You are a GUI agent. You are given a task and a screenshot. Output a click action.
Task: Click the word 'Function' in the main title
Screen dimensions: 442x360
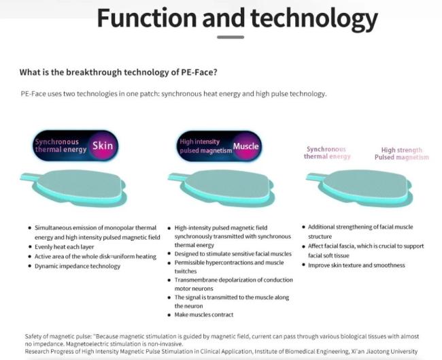[147, 18]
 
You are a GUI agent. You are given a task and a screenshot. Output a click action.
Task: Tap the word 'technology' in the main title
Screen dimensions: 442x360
[313, 20]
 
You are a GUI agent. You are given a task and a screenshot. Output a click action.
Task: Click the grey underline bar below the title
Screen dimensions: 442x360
[231, 37]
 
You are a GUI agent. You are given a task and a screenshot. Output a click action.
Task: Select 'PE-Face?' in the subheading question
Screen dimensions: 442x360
[199, 72]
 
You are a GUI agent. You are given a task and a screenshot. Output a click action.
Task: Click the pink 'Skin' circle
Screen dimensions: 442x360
[103, 146]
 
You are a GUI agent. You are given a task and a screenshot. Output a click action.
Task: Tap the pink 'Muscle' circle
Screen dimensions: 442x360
[245, 146]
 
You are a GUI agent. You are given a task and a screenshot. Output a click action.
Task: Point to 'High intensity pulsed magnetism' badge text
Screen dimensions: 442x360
[205, 146]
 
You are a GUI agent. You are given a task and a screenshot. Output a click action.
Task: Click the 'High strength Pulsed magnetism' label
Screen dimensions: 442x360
[402, 154]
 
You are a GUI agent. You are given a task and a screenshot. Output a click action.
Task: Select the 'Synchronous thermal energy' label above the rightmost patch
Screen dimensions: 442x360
[327, 152]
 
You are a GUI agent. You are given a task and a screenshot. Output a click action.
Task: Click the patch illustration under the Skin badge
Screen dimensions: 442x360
[75, 188]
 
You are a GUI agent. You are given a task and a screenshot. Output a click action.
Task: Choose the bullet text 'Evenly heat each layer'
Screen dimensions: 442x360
[65, 247]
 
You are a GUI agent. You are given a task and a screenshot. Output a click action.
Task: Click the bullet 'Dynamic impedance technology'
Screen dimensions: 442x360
[78, 266]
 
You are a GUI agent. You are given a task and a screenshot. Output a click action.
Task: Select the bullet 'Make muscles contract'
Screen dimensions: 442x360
[204, 314]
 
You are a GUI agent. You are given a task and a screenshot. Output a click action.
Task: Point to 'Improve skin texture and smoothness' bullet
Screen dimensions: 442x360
[356, 265]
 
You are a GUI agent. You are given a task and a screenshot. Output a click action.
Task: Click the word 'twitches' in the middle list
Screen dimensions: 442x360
[186, 271]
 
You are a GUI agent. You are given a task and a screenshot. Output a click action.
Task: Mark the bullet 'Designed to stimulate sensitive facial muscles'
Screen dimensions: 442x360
[233, 254]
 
